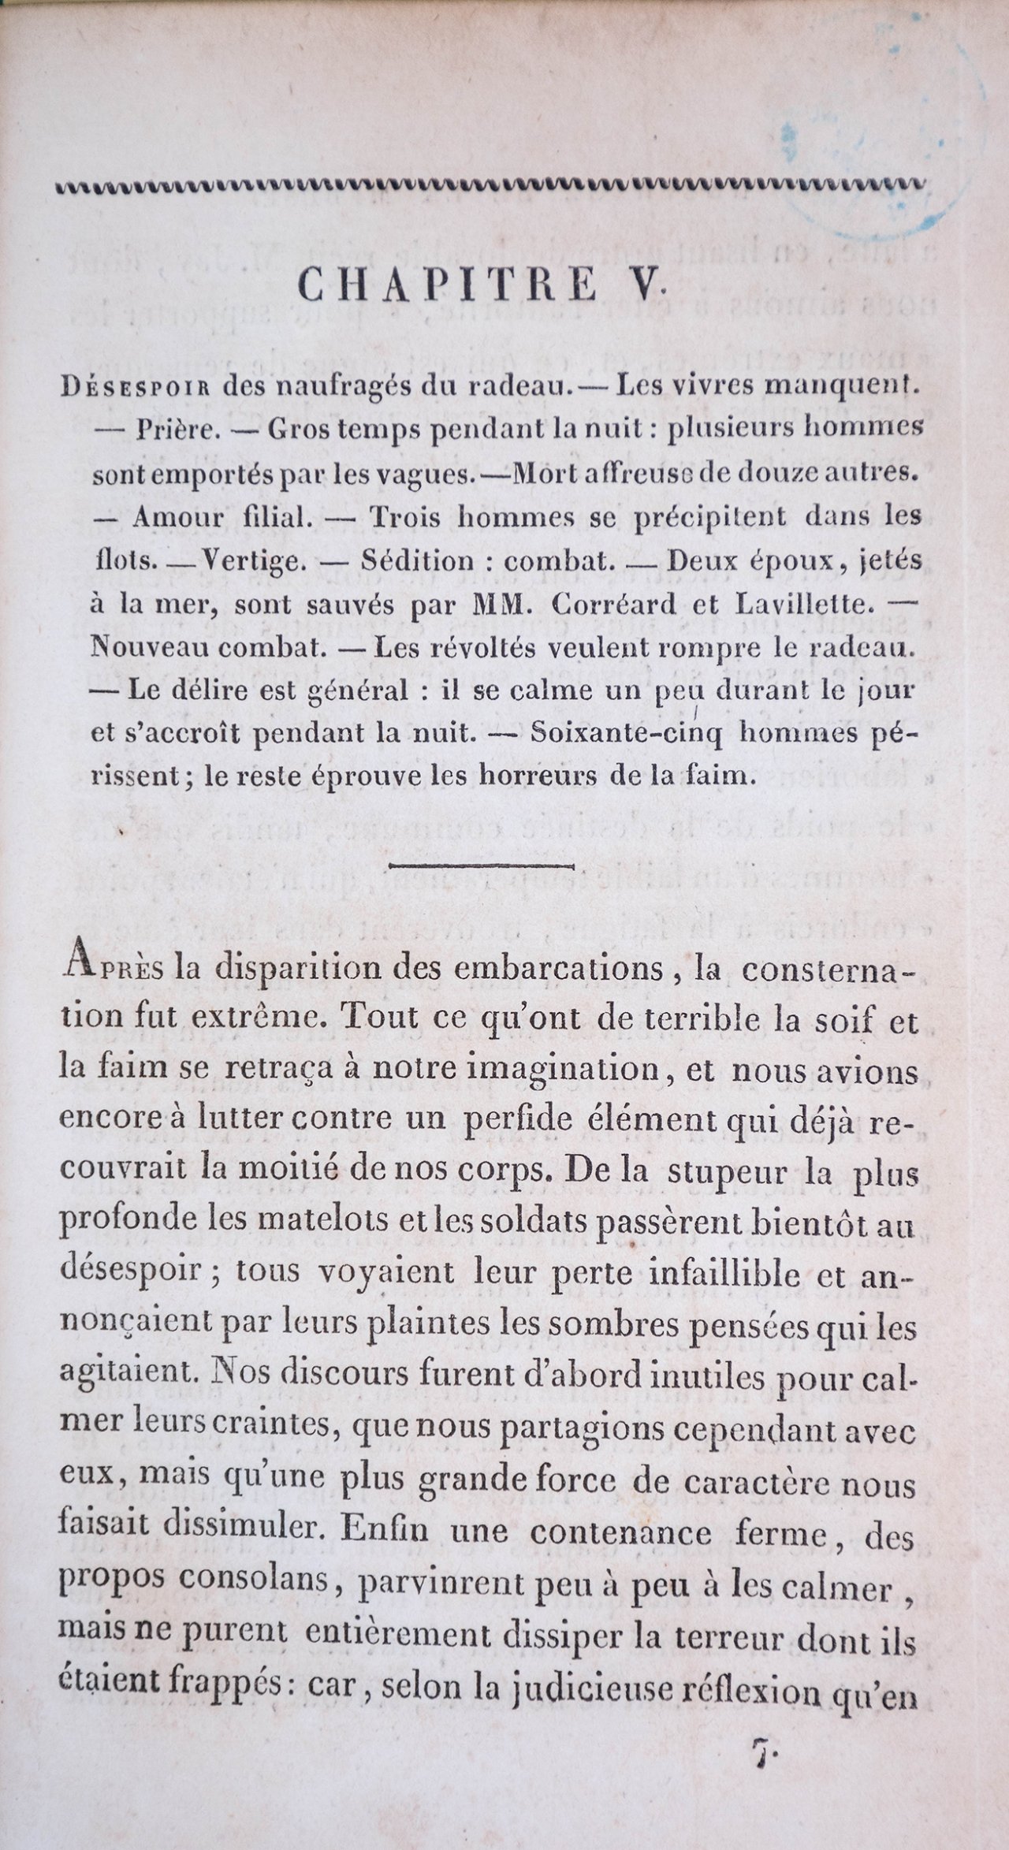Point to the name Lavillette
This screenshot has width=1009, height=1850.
tap(796, 605)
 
